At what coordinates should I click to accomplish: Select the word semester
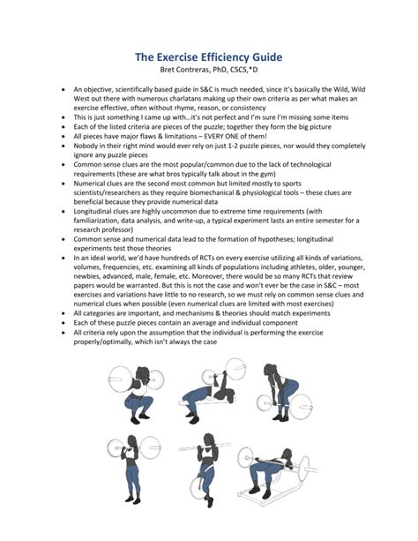[338, 221]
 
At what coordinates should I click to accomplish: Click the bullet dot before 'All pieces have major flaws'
[63, 137]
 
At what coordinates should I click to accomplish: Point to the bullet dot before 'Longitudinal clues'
[63, 212]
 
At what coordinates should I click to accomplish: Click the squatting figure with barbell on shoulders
[137, 394]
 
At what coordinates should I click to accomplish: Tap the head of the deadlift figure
[270, 370]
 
